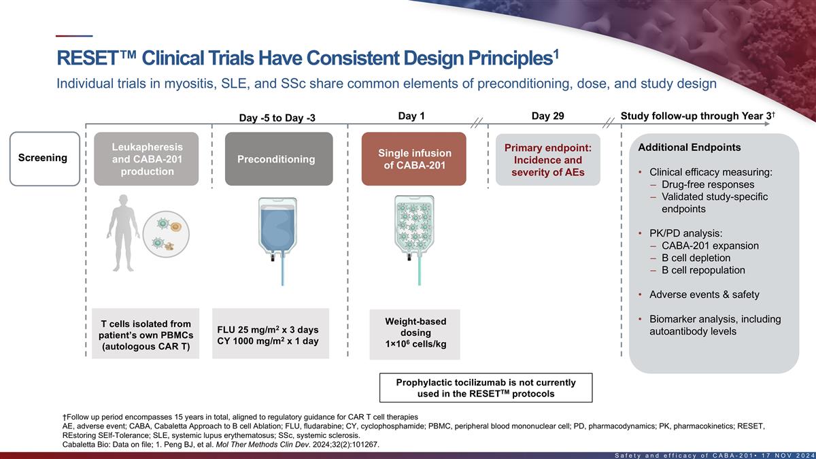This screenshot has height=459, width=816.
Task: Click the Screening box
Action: [x=45, y=159]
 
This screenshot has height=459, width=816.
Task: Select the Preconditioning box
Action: [x=279, y=159]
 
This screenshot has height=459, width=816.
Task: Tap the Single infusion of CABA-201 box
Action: [x=414, y=159]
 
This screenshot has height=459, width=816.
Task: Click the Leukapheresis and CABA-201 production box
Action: [x=146, y=159]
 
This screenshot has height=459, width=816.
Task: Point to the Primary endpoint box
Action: [x=548, y=160]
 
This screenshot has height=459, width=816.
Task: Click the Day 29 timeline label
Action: [x=548, y=116]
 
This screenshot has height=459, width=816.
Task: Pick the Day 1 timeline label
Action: [x=411, y=116]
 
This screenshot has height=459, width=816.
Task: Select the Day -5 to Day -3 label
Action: [x=277, y=118]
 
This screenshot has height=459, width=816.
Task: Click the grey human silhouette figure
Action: [x=123, y=233]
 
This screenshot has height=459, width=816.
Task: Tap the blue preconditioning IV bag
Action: [x=277, y=241]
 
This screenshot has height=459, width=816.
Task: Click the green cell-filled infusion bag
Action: [x=415, y=241]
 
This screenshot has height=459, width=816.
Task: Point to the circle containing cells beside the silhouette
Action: [x=166, y=234]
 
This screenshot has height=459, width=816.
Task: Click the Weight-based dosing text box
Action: [x=415, y=335]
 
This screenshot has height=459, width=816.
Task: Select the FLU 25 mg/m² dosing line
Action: [x=268, y=329]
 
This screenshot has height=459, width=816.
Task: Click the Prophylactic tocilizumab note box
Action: [x=486, y=388]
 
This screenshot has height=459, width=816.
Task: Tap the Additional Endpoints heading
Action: [x=690, y=147]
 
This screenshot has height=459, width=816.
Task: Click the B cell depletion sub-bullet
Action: [x=696, y=258]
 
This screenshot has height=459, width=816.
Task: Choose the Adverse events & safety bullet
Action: [x=704, y=294]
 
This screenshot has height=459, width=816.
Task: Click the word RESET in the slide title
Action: [x=88, y=58]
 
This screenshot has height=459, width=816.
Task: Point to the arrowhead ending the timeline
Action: [x=766, y=124]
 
